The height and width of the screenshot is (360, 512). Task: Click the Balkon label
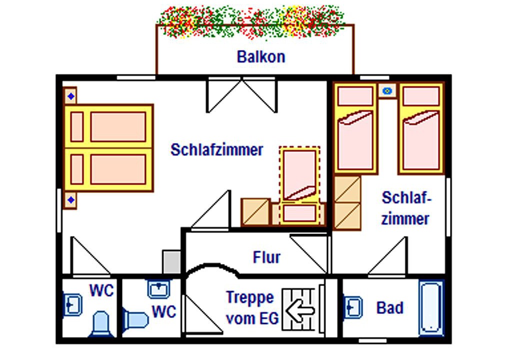tap(260, 56)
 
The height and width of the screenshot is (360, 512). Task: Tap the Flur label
tap(266, 257)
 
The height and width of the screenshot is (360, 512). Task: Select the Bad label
tap(389, 307)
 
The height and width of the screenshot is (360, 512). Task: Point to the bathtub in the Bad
tap(430, 307)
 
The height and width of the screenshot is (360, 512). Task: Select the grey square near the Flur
tap(171, 261)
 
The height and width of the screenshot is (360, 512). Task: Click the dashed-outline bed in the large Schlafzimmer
tap(299, 185)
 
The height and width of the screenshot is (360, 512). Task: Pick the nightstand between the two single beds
tap(387, 91)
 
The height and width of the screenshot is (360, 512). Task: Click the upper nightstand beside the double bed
tap(71, 96)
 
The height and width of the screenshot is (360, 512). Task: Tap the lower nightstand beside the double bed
tap(71, 200)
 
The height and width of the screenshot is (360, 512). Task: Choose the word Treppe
tap(250, 297)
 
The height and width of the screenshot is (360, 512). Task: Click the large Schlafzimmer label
tap(216, 149)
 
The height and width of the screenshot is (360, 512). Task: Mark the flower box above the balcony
tap(250, 21)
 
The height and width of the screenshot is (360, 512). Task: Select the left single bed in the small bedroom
tap(355, 128)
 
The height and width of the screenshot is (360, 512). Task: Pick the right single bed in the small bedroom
tap(421, 128)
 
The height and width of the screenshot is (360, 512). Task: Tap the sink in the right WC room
tap(159, 288)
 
